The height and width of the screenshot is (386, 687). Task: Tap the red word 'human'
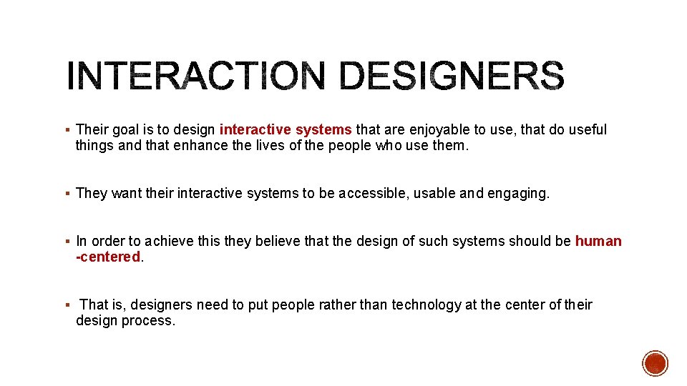tap(598, 241)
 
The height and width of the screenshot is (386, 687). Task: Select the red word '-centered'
tap(109, 257)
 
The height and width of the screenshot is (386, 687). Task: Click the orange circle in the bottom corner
tap(655, 363)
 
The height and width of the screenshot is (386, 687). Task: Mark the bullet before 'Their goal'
tap(66, 130)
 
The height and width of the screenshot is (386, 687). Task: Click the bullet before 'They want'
tap(66, 194)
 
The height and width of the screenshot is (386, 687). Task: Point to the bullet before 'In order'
tap(66, 242)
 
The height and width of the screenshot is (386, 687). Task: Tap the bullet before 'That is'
tap(66, 305)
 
